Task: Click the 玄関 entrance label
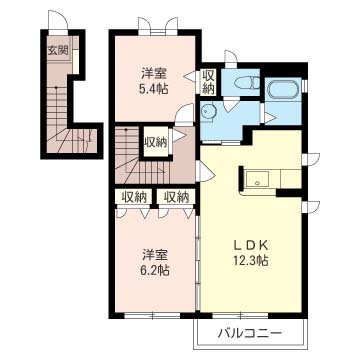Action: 58,51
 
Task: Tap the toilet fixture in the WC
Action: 247,83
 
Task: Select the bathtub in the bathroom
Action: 281,90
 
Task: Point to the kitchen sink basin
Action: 257,179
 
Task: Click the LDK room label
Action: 251,246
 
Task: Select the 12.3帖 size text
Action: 251,261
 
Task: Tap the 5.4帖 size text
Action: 154,88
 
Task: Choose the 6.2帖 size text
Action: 154,270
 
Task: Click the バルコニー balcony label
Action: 250,333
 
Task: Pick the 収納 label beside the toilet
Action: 209,82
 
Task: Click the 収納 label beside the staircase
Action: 155,143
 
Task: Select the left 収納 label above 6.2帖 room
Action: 134,197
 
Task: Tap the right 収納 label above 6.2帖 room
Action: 176,197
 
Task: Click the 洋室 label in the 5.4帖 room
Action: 154,73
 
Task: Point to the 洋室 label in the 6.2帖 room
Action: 154,255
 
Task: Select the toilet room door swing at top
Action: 230,57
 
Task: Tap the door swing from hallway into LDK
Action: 205,172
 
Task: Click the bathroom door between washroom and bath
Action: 269,115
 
